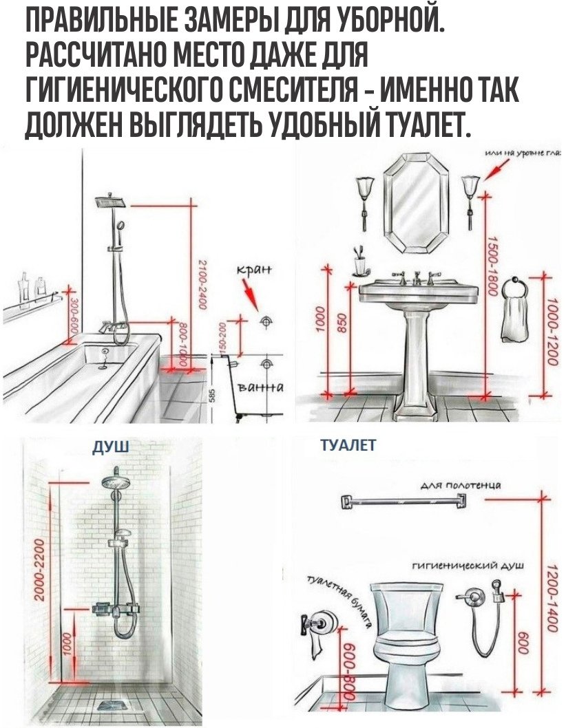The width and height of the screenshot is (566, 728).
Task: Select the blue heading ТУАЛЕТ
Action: (x=348, y=446)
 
